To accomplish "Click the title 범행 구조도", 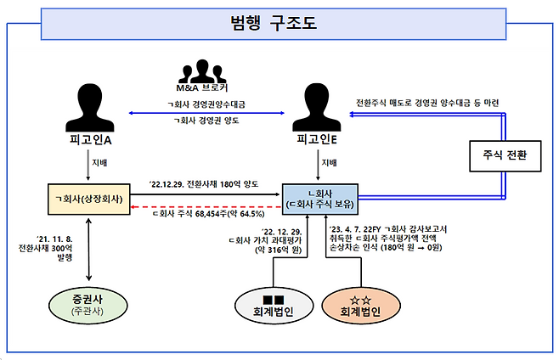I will click(x=274, y=23).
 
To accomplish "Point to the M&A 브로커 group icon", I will click(x=200, y=70).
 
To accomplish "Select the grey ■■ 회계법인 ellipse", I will click(x=274, y=305).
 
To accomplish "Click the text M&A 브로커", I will click(x=202, y=88).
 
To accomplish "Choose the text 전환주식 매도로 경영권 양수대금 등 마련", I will click(x=428, y=103).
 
